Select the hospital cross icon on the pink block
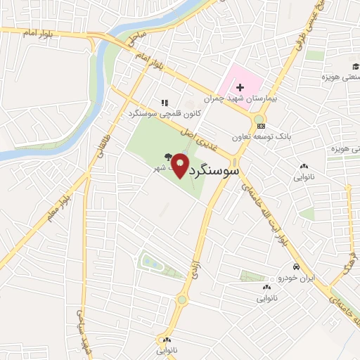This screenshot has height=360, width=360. coord(240,87)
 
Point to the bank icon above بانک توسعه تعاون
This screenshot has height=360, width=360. coord(262,126)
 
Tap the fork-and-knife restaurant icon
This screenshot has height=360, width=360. coord(164,103)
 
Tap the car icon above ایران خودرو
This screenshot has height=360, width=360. coord(297,267)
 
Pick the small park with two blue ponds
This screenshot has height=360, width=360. coord(151,262)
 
